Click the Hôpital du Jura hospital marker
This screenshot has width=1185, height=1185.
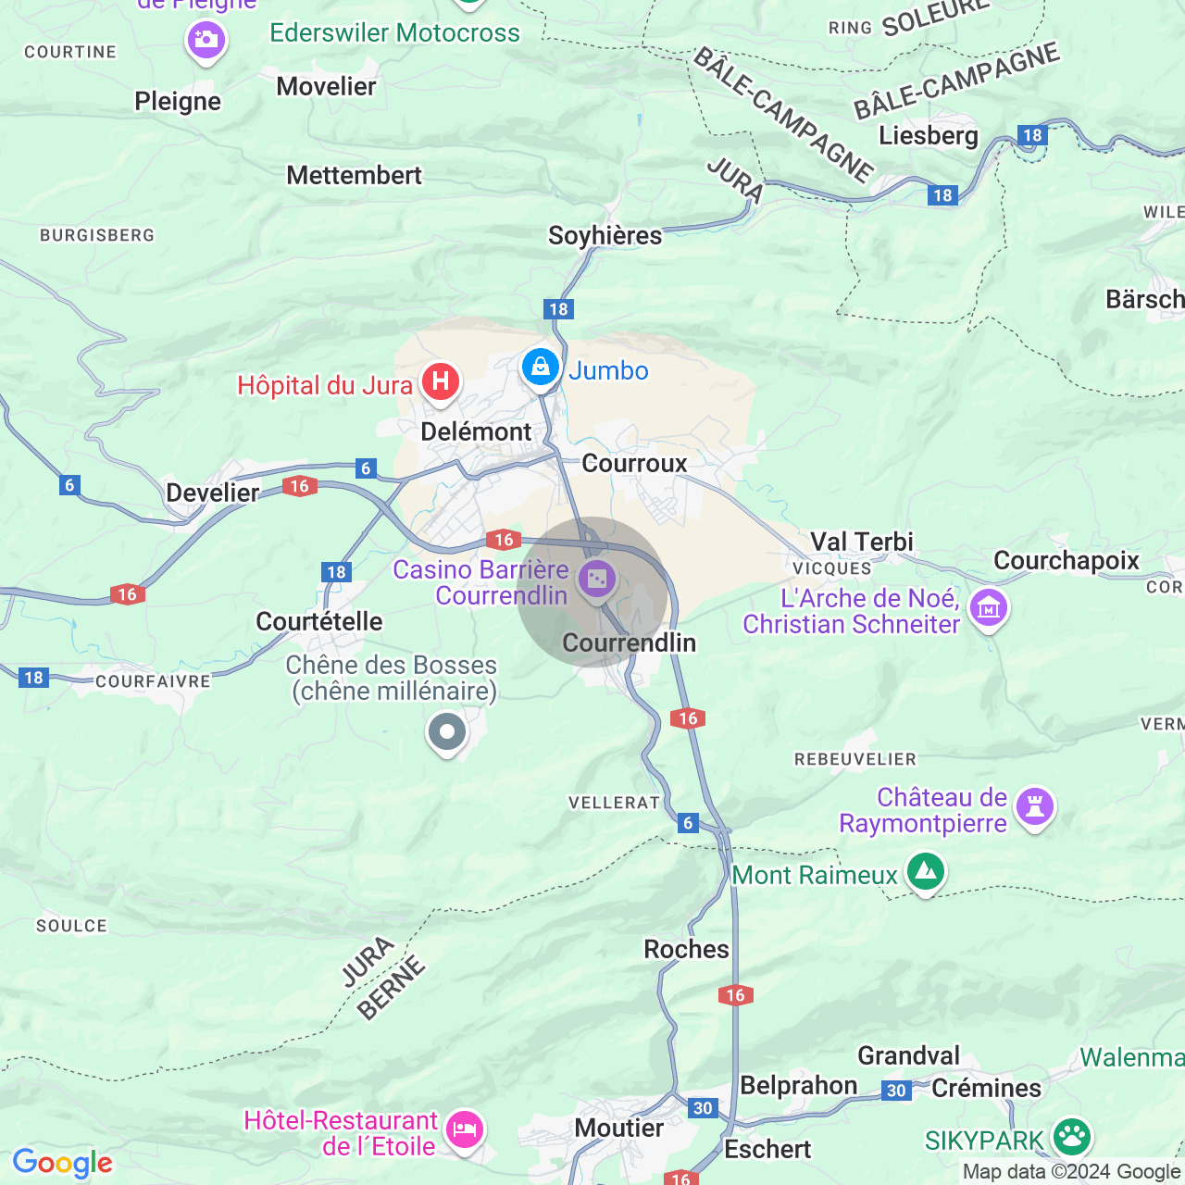(x=441, y=381)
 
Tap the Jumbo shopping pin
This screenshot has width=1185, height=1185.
(x=540, y=367)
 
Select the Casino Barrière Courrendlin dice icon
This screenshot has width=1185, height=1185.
(x=597, y=580)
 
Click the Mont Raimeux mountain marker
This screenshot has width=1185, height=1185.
(x=925, y=871)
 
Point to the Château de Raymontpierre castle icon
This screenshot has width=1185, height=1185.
(x=1035, y=807)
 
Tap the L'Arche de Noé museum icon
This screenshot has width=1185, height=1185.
(x=989, y=608)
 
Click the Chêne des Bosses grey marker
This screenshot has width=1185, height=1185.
(x=447, y=732)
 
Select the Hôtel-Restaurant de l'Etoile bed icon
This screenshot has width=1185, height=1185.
(x=465, y=1129)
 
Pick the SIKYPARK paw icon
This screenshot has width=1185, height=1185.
(x=1072, y=1137)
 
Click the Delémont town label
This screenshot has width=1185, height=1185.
(x=476, y=431)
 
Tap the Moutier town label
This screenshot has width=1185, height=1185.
(x=618, y=1128)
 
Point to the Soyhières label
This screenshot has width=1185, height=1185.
(x=605, y=235)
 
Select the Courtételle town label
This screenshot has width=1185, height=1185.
(x=318, y=621)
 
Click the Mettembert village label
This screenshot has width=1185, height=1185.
(x=354, y=175)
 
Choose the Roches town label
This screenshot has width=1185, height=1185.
(x=686, y=949)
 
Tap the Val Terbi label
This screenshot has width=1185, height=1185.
(x=861, y=542)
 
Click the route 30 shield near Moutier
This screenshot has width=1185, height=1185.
(x=703, y=1107)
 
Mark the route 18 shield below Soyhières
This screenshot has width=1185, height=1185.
(x=558, y=309)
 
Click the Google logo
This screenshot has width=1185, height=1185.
(x=62, y=1163)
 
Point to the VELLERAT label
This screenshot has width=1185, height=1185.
(x=614, y=803)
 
